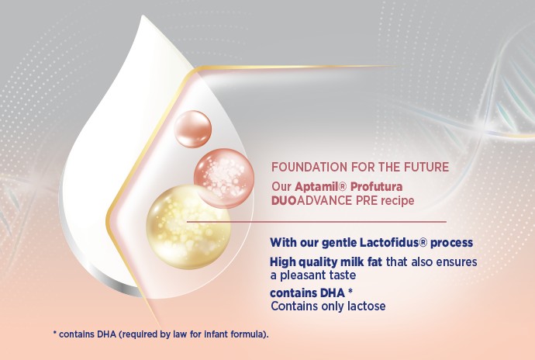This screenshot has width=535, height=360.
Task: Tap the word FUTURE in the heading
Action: [426, 167]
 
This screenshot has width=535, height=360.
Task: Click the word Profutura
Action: [376, 187]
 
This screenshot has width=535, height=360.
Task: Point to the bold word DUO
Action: [284, 200]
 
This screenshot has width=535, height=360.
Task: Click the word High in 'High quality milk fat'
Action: [282, 262]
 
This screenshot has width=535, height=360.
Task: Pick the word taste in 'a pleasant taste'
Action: [343, 275]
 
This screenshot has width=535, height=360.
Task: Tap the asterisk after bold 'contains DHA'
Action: [350, 291]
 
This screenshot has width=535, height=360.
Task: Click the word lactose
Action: [367, 306]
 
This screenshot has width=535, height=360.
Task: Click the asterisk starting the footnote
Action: [54, 332]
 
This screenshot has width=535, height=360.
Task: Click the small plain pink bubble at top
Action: [193, 129]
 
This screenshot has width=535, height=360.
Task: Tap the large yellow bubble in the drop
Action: [188, 227]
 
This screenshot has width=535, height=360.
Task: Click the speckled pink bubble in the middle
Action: [224, 178]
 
